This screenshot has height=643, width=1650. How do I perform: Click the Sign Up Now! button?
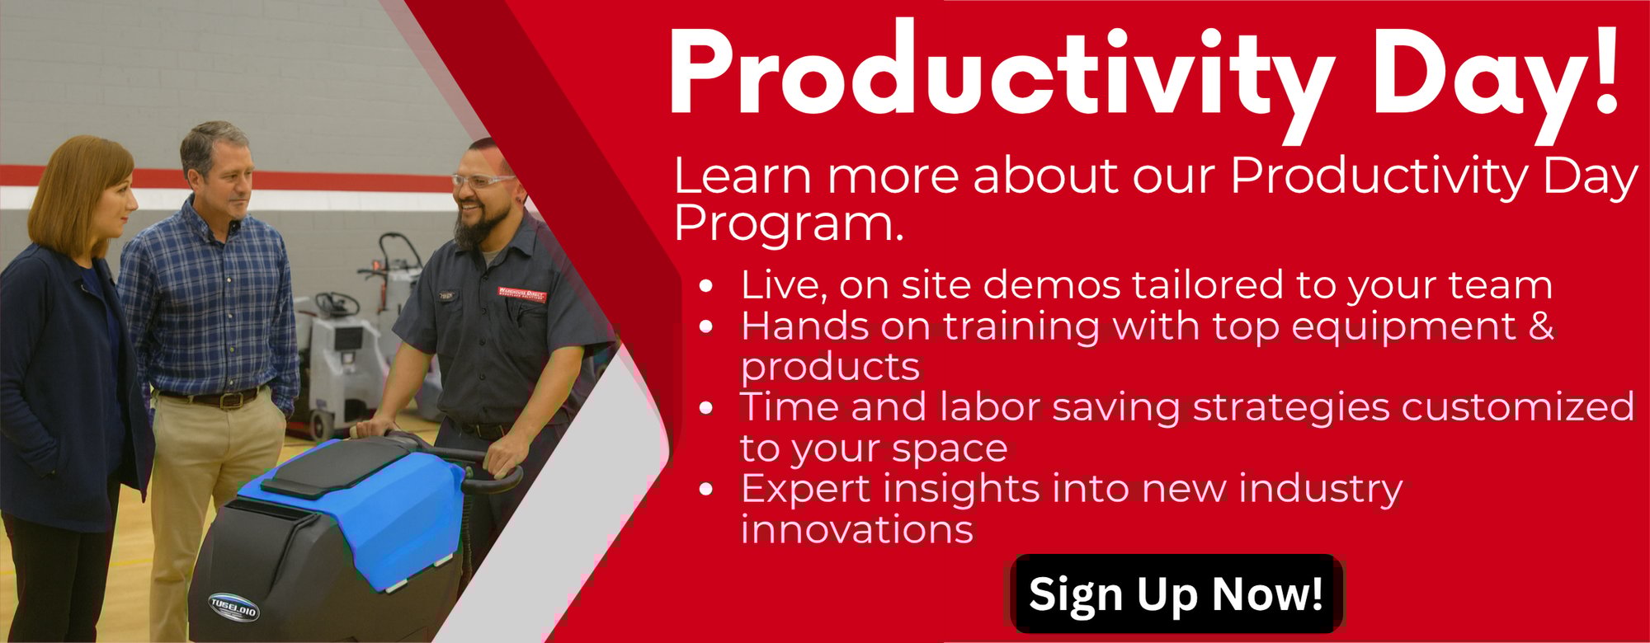coord(1176,594)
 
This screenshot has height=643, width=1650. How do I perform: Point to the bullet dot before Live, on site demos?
coord(705,288)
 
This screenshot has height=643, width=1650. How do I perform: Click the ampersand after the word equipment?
coord(1541,326)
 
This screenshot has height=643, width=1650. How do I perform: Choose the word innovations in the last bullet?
coord(857,528)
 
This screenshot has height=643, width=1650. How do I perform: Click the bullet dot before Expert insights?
coord(705,490)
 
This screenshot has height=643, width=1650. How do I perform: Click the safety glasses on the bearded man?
coord(483,180)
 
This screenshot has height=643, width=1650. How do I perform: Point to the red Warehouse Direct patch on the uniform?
coord(521,293)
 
